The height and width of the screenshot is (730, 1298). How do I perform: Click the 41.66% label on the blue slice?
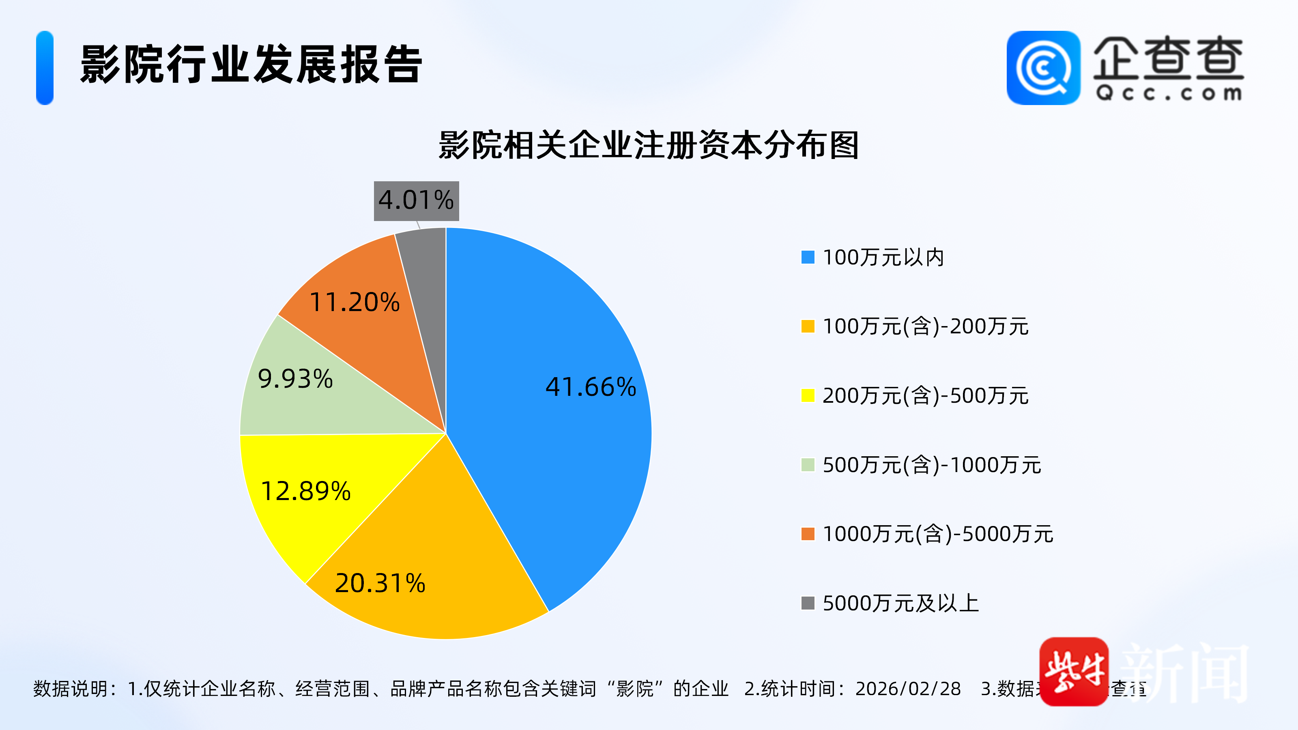pyautogui.click(x=591, y=387)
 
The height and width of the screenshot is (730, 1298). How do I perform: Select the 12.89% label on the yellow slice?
pyautogui.click(x=305, y=491)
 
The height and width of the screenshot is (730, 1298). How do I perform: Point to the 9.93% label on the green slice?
pyautogui.click(x=295, y=378)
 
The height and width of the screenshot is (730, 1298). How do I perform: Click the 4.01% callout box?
pyautogui.click(x=416, y=200)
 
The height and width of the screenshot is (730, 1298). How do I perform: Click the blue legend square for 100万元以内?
pyautogui.click(x=808, y=257)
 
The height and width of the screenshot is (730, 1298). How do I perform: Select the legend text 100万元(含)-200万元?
pyautogui.click(x=925, y=326)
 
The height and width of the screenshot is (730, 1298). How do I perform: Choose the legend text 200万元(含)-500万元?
pyautogui.click(x=925, y=395)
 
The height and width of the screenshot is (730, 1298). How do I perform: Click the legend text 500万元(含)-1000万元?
pyautogui.click(x=932, y=464)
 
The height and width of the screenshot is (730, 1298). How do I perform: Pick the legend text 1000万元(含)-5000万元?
pyautogui.click(x=938, y=534)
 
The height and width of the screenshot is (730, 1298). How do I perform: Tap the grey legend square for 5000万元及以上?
pyautogui.click(x=808, y=603)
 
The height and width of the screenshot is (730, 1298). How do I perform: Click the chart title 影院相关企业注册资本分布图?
pyautogui.click(x=649, y=145)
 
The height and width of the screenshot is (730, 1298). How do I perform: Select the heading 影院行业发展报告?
pyautogui.click(x=251, y=64)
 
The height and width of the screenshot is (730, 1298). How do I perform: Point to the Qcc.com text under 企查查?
pyautogui.click(x=1168, y=93)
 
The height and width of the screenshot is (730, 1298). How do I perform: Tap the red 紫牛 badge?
pyautogui.click(x=1074, y=672)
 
